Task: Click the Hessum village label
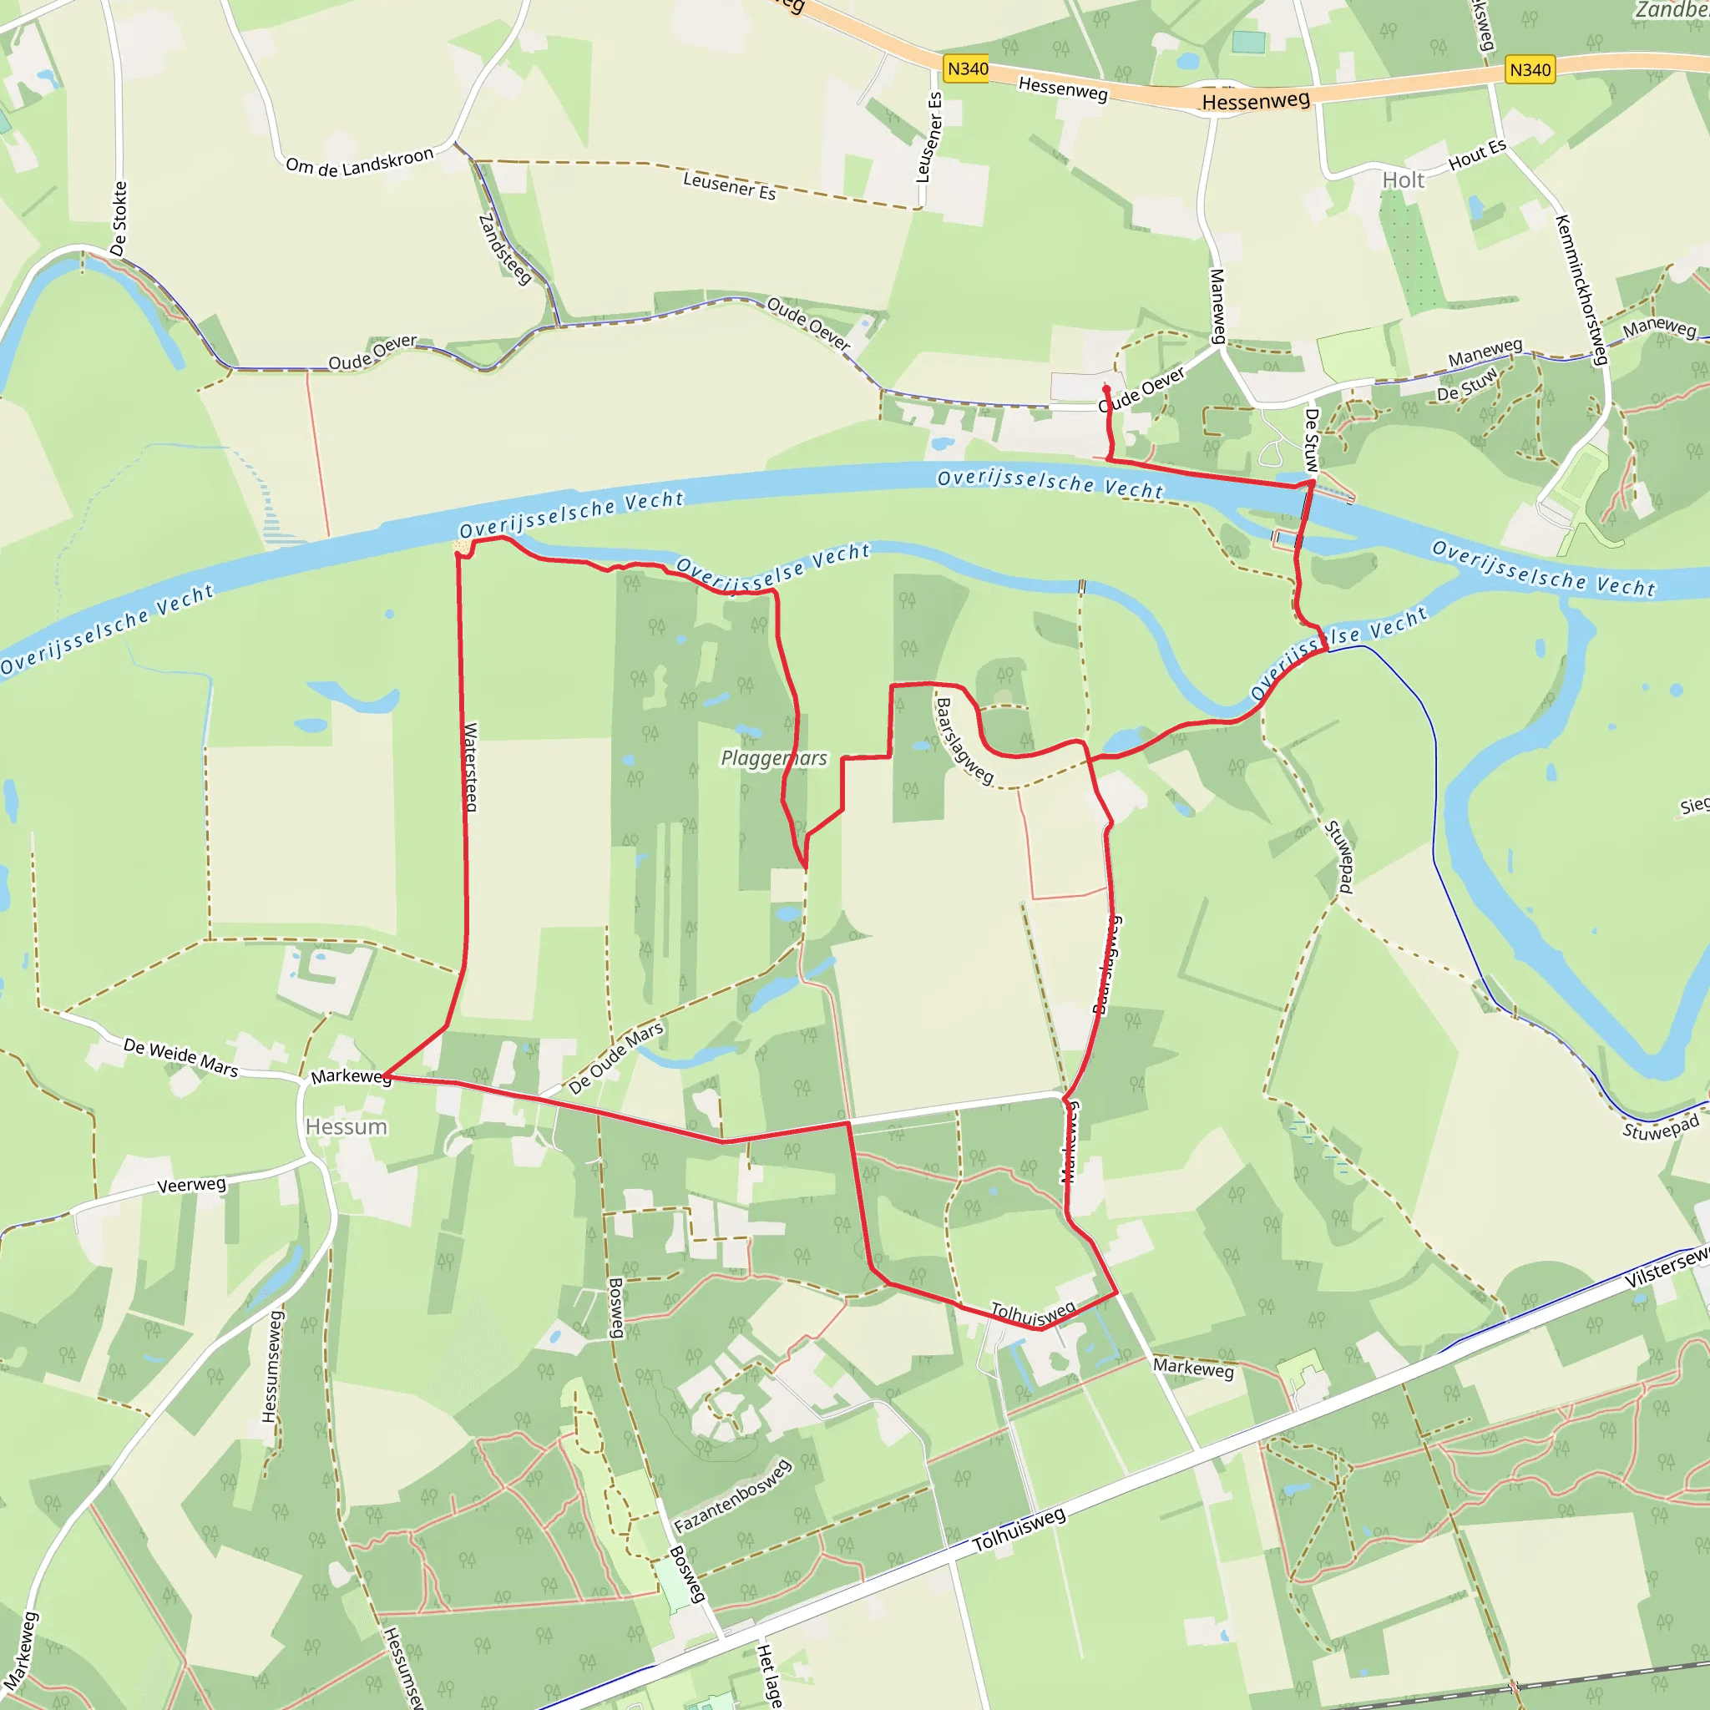pos(346,1126)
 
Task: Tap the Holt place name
pos(1403,180)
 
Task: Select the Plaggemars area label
pos(773,757)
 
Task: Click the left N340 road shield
pos(968,69)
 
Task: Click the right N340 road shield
pos(1530,70)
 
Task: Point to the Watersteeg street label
pos(471,766)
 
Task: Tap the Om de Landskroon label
pos(359,163)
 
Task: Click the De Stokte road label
pos(119,219)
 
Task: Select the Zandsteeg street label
pos(504,249)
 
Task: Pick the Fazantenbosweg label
pos(732,1495)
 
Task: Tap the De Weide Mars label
pos(180,1057)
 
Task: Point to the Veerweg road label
pos(191,1185)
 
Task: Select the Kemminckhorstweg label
pos(1580,290)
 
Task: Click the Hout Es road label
pos(1476,155)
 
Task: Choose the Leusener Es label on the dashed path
pos(729,186)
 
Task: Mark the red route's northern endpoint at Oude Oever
pos(1106,388)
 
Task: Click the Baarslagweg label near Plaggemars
pos(964,741)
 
